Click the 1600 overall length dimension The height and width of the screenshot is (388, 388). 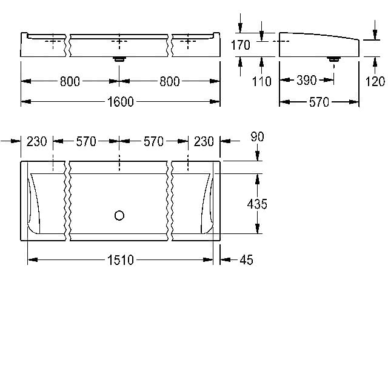click(x=121, y=102)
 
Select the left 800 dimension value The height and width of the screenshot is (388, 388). click(x=70, y=81)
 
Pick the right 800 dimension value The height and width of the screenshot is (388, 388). click(x=170, y=81)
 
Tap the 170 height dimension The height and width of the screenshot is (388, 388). click(x=241, y=45)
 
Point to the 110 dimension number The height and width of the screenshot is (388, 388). click(x=261, y=81)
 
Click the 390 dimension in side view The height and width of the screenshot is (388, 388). click(x=307, y=80)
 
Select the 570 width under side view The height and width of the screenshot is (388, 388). click(x=319, y=102)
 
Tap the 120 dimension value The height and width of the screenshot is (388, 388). click(x=375, y=81)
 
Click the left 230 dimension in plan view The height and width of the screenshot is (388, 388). click(x=36, y=141)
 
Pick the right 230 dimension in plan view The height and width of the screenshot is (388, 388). click(x=204, y=141)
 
